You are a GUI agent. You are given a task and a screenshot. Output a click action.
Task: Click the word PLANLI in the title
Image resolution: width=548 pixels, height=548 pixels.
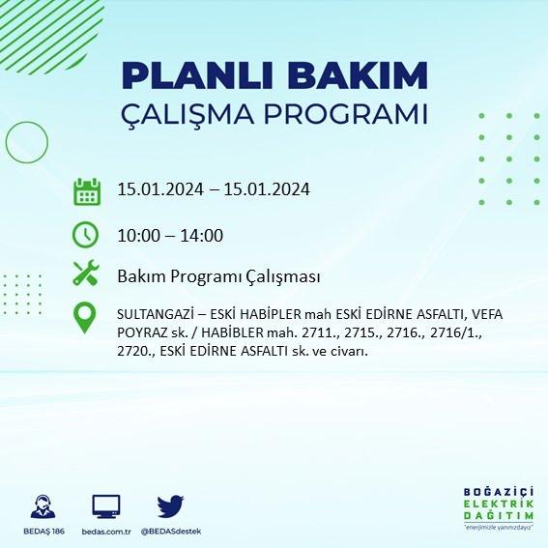tap(197, 75)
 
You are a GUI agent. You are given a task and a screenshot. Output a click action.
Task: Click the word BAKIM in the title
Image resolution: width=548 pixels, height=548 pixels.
tap(358, 75)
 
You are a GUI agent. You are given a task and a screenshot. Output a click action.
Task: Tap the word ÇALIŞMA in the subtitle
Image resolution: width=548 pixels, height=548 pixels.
tap(187, 115)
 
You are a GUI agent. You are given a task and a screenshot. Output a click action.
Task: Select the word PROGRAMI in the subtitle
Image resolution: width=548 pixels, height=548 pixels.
tap(346, 114)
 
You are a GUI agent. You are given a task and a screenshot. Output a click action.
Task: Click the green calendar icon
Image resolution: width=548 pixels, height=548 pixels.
tap(87, 191)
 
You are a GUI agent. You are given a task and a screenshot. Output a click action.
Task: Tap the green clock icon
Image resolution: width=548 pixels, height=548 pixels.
tap(85, 235)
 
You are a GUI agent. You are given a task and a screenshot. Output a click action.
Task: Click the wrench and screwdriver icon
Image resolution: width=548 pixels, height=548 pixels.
tap(86, 273)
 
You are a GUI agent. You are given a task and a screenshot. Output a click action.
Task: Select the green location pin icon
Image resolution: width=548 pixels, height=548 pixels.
tap(85, 318)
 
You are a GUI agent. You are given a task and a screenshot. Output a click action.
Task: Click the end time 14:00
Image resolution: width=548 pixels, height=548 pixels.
tap(202, 236)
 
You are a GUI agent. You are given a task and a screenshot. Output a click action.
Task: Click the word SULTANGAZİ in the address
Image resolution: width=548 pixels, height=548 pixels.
tap(156, 314)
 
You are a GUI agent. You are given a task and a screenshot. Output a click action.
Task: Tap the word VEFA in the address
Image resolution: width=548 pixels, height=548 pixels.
tap(487, 314)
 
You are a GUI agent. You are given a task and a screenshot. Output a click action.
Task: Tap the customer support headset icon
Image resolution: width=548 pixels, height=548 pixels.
tap(43, 506)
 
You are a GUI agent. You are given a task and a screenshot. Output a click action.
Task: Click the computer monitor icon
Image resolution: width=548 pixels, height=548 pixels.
tap(106, 506)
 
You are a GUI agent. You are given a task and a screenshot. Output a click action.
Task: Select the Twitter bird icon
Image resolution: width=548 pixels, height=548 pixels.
tap(170, 506)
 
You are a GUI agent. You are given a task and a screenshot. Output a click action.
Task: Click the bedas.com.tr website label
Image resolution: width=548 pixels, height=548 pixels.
tap(106, 532)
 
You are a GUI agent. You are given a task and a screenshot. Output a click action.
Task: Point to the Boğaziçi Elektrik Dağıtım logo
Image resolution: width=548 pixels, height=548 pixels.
tap(499, 508)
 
